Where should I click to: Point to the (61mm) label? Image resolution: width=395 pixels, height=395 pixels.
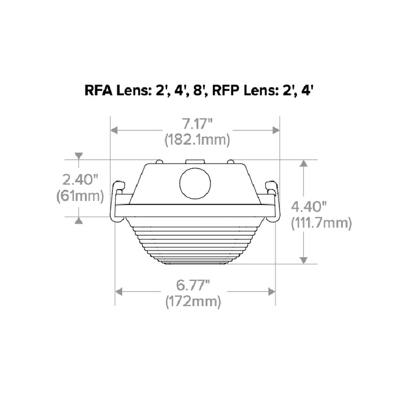(x=80, y=196)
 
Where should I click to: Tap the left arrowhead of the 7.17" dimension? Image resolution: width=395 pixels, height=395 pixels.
(x=114, y=130)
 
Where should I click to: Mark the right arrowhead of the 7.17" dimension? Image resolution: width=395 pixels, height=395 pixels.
(x=276, y=130)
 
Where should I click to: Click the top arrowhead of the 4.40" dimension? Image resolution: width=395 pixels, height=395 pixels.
(x=304, y=164)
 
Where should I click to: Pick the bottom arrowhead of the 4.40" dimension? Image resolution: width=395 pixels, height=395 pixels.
(x=304, y=260)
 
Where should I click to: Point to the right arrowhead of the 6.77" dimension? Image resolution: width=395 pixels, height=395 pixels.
(x=271, y=291)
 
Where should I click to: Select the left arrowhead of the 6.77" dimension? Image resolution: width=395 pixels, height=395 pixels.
(x=119, y=291)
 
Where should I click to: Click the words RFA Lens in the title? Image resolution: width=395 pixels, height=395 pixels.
(x=115, y=91)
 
